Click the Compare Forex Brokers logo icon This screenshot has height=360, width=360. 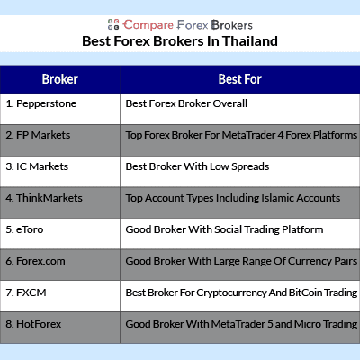click(113, 24)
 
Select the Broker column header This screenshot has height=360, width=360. click(60, 79)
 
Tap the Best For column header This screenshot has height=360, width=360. click(240, 79)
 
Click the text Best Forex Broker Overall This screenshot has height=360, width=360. click(186, 103)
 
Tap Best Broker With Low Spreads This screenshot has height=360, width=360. click(197, 166)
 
